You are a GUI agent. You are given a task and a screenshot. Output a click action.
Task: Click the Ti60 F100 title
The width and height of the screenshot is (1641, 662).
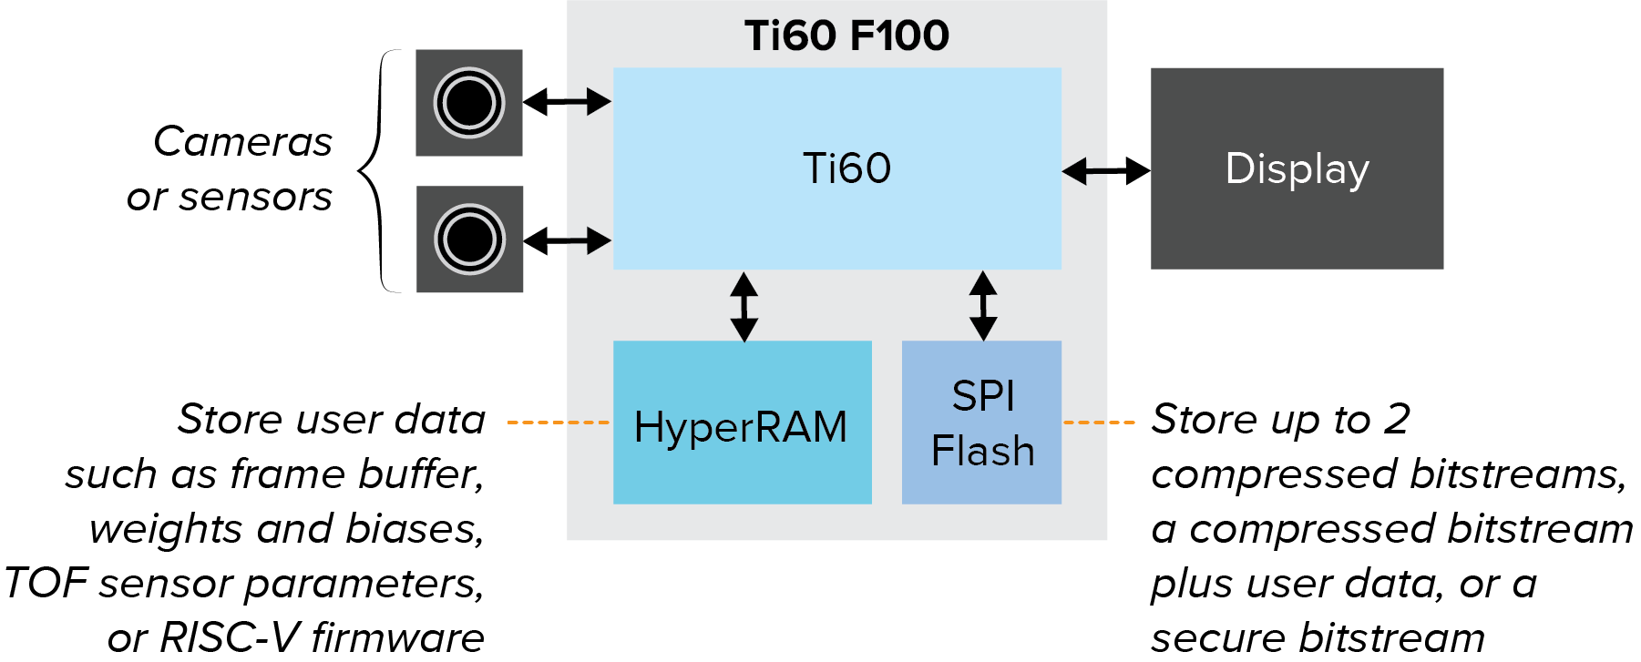point(846,36)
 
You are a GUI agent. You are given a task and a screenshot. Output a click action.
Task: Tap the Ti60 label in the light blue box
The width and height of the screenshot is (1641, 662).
point(846,168)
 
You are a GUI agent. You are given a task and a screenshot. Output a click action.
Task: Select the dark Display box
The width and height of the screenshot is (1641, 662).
point(1297,168)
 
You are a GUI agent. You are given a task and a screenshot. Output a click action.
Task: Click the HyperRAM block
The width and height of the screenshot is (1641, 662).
point(742,423)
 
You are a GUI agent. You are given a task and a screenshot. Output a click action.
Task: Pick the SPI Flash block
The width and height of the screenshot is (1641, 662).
point(981,423)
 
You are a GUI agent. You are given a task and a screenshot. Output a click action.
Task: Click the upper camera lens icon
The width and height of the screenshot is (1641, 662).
point(469,103)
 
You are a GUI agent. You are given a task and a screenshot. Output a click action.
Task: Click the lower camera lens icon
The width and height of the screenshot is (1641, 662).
point(470,239)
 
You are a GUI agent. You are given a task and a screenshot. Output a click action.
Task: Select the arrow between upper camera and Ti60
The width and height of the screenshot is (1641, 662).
point(567,101)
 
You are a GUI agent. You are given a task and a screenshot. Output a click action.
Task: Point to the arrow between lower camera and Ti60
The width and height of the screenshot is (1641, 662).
point(567,240)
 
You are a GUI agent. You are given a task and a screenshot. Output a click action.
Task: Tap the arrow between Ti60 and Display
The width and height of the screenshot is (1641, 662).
point(1106,170)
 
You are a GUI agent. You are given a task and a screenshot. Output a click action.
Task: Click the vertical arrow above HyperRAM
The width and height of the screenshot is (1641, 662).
point(744,306)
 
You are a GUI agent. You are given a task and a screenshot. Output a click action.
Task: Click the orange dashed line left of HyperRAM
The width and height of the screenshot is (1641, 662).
point(558,423)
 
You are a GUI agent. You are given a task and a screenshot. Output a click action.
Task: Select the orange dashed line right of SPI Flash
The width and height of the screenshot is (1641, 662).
point(1099,423)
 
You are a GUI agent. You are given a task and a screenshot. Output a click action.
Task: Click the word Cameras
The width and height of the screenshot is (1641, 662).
point(242,142)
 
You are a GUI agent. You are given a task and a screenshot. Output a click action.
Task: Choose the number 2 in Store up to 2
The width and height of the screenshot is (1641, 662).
point(1397,419)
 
